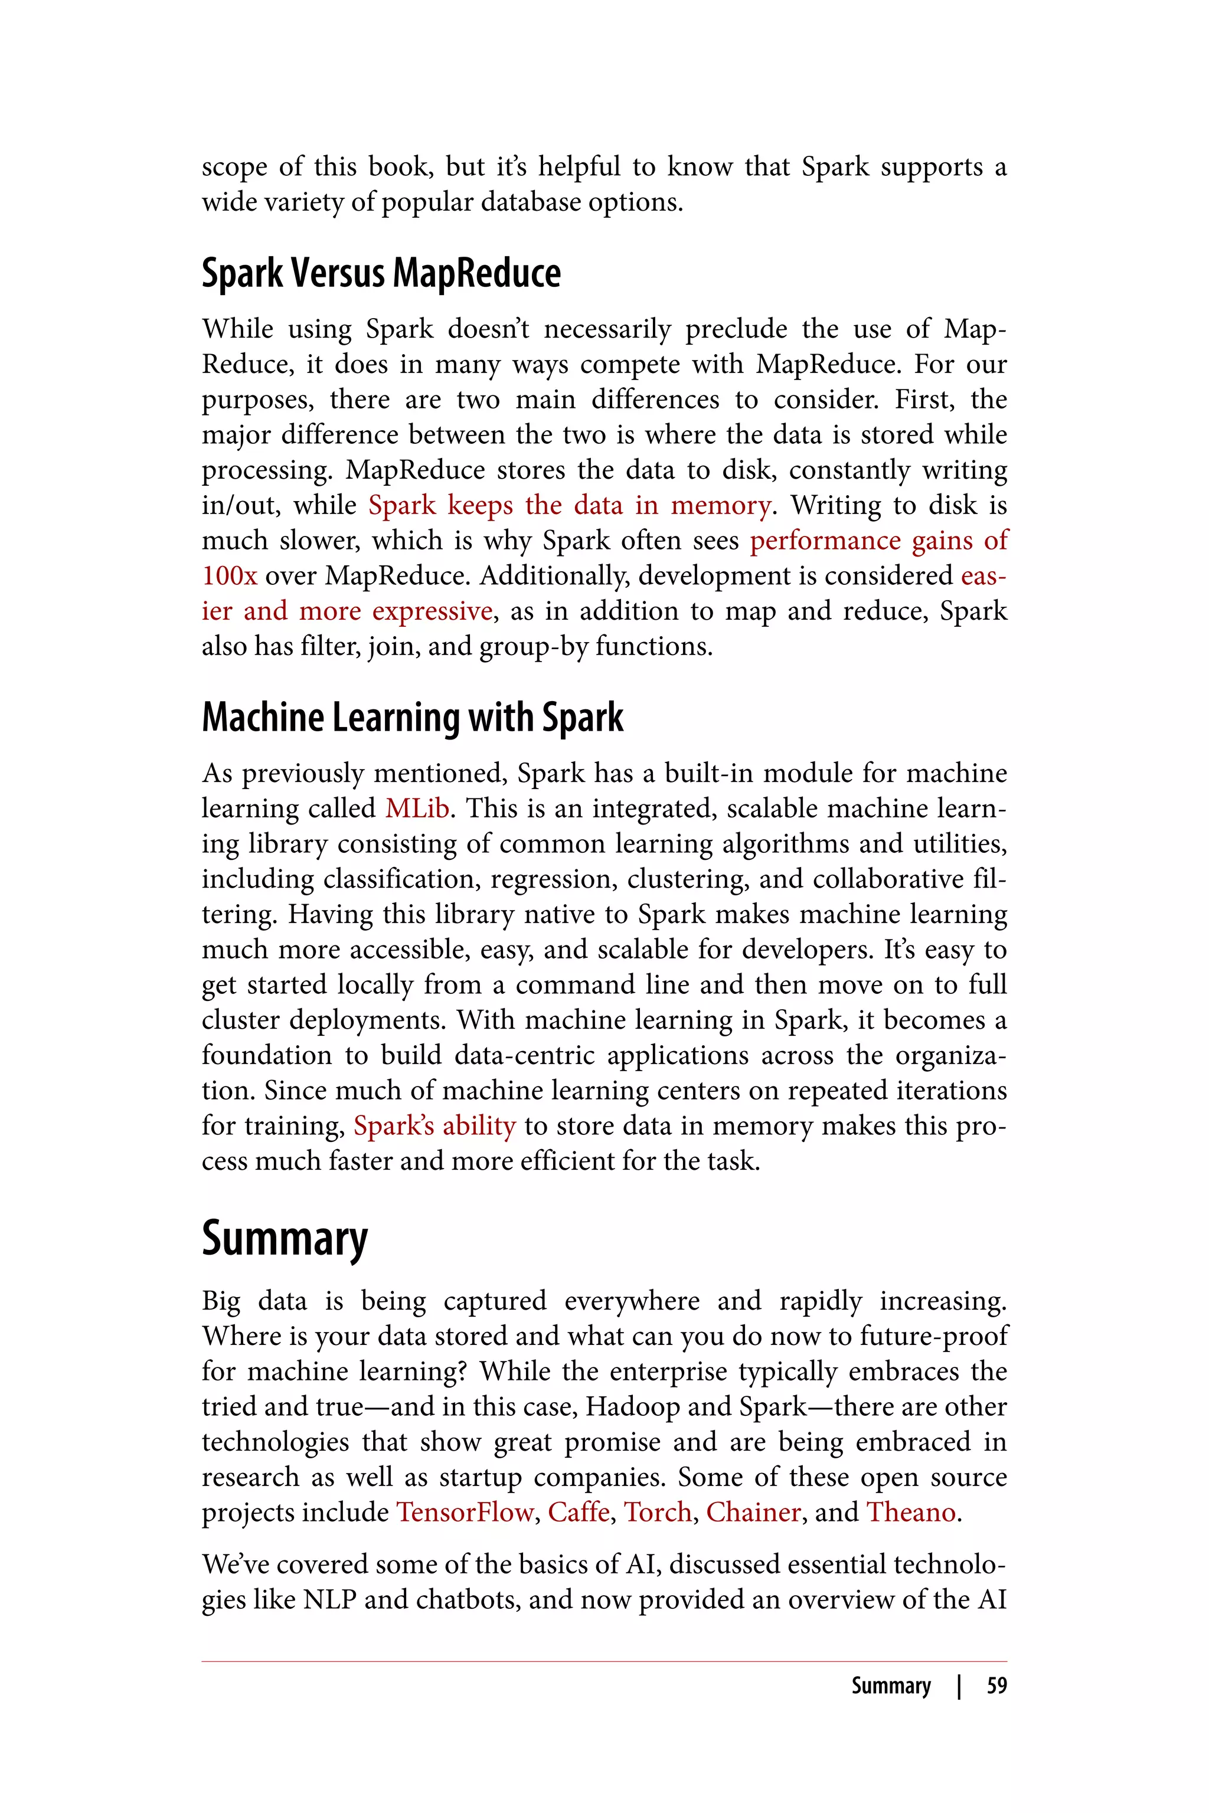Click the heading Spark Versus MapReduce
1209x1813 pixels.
click(x=381, y=274)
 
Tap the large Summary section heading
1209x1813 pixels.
click(x=285, y=1239)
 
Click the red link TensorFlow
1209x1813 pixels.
click(x=464, y=1513)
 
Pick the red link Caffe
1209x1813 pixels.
click(x=579, y=1513)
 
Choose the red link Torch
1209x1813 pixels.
click(x=657, y=1513)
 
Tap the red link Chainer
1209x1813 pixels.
click(x=753, y=1513)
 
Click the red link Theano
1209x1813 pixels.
click(x=911, y=1513)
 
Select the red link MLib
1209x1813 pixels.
click(x=417, y=809)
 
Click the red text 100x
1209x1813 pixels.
click(x=229, y=576)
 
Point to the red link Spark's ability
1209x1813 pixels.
click(x=434, y=1126)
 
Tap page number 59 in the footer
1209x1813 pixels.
click(x=996, y=1686)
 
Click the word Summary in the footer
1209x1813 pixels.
click(x=891, y=1686)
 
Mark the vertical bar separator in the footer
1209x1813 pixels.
click(x=959, y=1686)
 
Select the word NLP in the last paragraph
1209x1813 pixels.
click(x=330, y=1599)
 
